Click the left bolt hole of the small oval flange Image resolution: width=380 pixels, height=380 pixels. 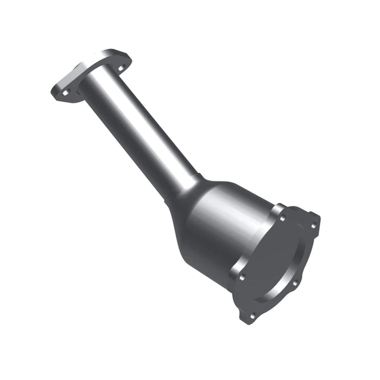66,93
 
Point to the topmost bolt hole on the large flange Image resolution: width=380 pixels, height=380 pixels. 282,218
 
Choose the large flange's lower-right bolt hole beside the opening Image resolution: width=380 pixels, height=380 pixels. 294,283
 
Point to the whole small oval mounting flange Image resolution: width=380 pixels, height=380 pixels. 92,76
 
